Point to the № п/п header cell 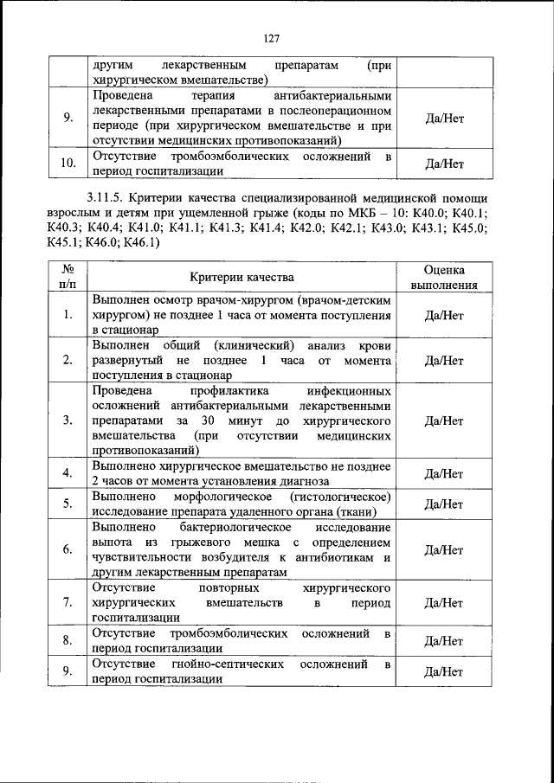click(68, 277)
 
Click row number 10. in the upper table click(68, 162)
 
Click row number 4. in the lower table click(68, 473)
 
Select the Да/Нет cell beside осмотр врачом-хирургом click(444, 315)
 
